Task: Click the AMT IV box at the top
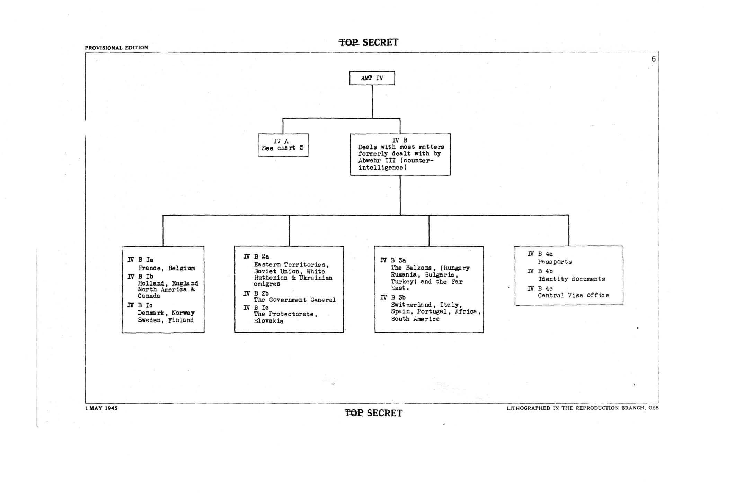[372, 78]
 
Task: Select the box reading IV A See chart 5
[283, 145]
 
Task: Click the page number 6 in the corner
[653, 59]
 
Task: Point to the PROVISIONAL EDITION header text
[116, 48]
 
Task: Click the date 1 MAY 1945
[101, 408]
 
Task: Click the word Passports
[555, 262]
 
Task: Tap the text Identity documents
[572, 279]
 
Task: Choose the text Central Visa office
[573, 295]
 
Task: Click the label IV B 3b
[393, 298]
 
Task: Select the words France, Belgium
[166, 268]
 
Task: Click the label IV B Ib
[140, 277]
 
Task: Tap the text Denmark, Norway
[166, 313]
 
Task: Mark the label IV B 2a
[256, 256]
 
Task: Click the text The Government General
[294, 300]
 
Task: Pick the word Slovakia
[268, 321]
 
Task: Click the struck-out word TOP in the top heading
[349, 43]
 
